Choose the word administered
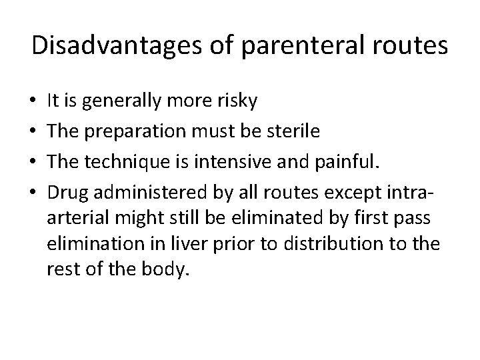click(140, 193)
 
